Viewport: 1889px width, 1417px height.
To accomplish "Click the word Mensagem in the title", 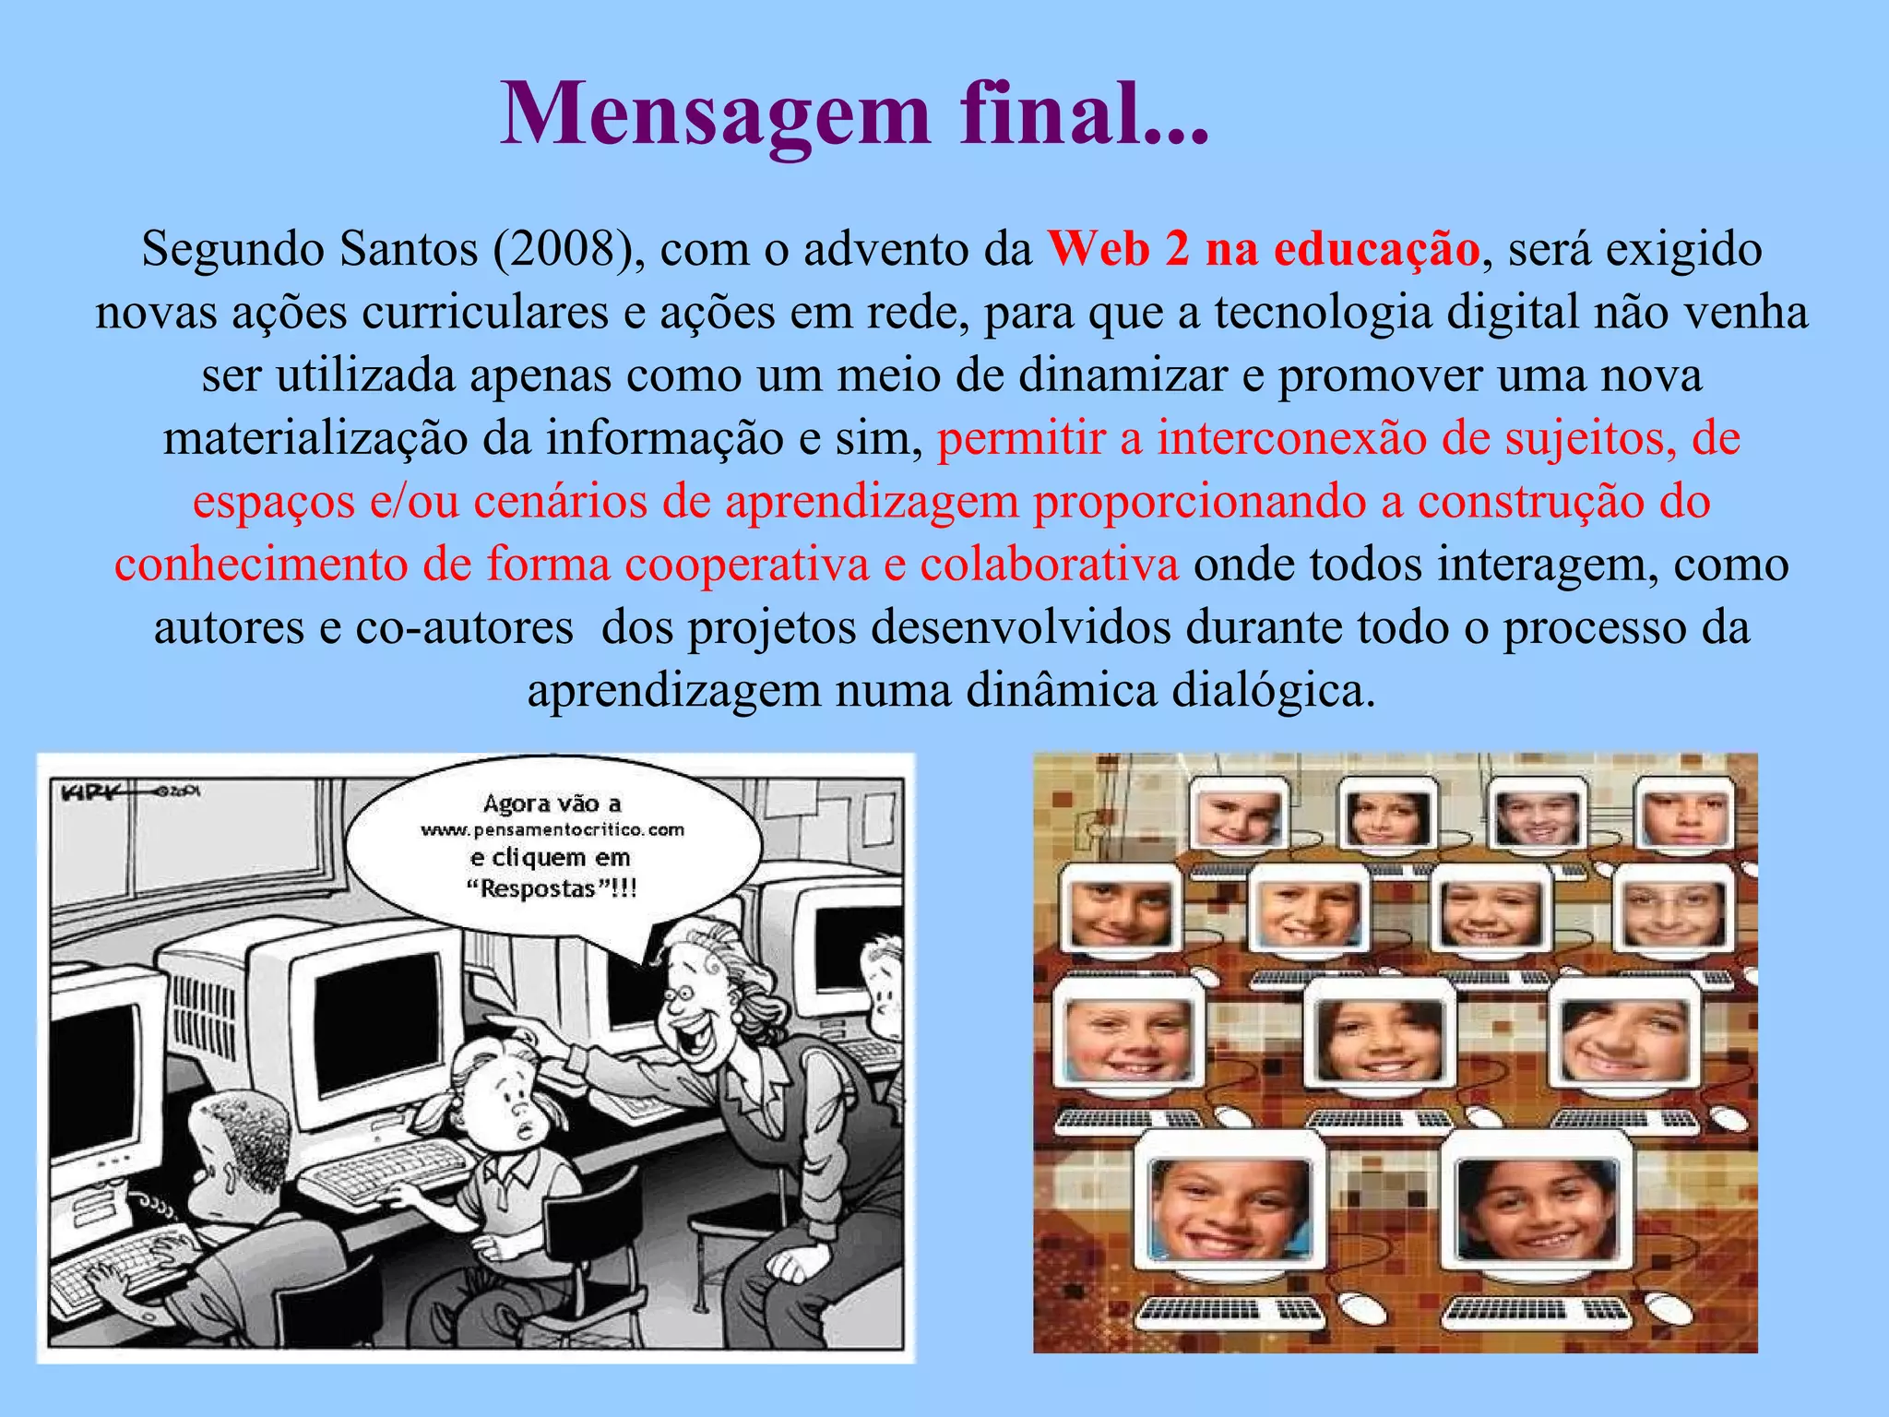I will (x=715, y=114).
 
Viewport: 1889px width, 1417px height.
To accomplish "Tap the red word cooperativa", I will (x=747, y=565).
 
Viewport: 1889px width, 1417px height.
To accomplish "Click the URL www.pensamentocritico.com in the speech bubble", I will (x=552, y=830).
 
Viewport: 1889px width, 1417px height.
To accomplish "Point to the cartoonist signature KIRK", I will (x=89, y=792).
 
